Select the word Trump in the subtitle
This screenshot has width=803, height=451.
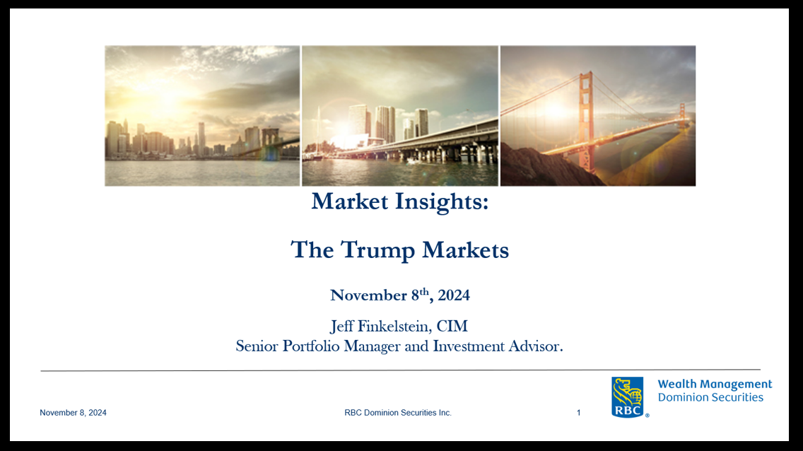[378, 250]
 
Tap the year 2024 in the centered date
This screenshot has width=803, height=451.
[454, 295]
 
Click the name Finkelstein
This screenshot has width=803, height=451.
[393, 326]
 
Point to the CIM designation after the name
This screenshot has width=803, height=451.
[452, 326]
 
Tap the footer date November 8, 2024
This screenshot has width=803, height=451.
[74, 413]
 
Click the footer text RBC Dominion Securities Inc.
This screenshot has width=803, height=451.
[398, 413]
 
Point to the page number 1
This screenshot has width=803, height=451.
[579, 413]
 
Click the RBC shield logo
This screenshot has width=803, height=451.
[628, 397]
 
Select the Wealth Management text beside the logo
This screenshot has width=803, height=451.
[715, 384]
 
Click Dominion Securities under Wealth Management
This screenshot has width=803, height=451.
[711, 398]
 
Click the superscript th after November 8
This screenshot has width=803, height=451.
[424, 291]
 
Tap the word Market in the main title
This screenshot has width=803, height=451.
[350, 201]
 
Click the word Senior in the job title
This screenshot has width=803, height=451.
[257, 346]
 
